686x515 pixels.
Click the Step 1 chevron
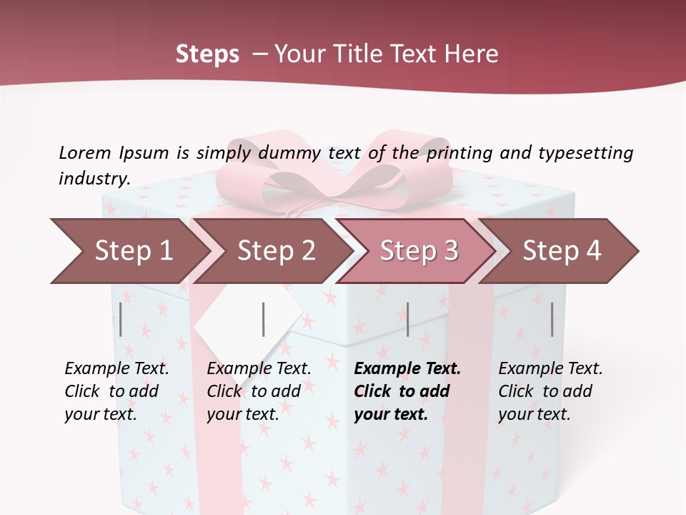tap(133, 251)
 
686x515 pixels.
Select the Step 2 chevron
tap(276, 251)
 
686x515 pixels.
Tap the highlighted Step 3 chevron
tap(419, 251)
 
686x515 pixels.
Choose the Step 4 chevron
tap(562, 251)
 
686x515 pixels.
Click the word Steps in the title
tap(207, 54)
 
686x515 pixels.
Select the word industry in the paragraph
tap(94, 178)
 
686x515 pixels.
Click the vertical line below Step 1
tap(121, 319)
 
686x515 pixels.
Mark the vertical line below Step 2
tap(264, 319)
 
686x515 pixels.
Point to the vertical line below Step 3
tap(407, 319)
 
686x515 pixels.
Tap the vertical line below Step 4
tap(552, 319)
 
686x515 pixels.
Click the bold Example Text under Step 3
tap(407, 369)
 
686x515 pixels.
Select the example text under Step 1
tap(116, 391)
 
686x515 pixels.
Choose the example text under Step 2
tap(259, 391)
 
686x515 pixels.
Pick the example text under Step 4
tap(550, 391)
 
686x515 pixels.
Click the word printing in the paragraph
tap(465, 153)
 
